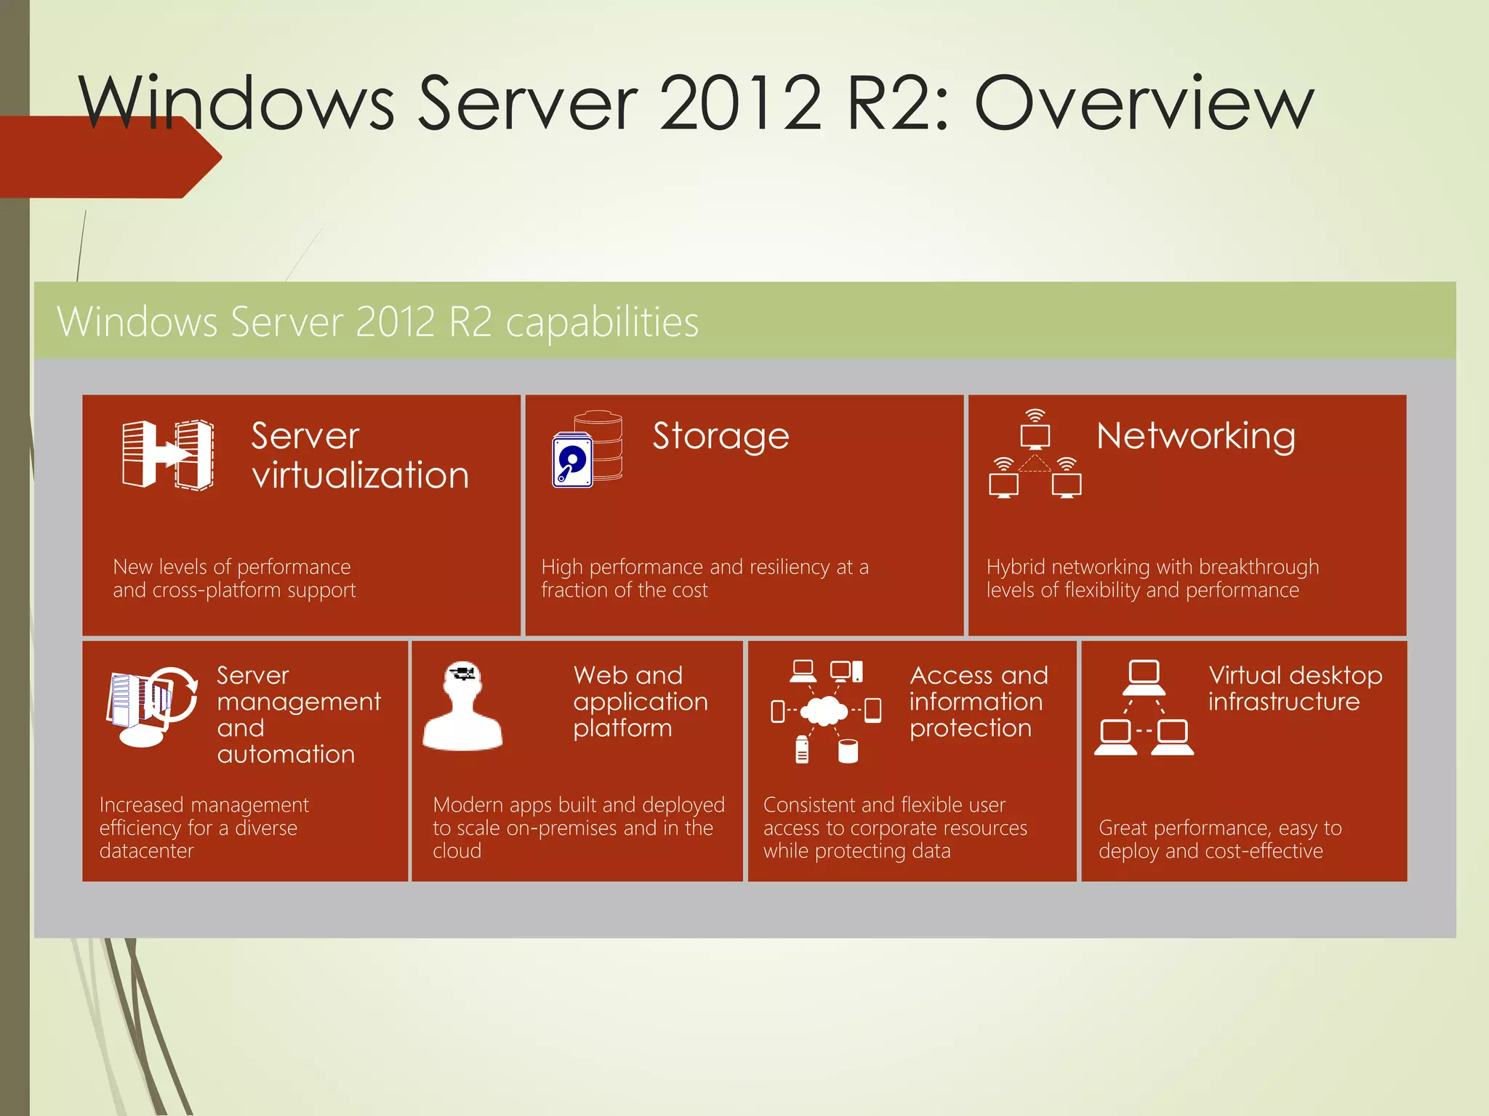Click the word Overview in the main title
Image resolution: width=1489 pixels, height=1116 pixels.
tap(1143, 103)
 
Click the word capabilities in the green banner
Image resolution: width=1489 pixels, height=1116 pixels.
tap(602, 323)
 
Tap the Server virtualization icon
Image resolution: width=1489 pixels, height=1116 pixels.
tap(168, 455)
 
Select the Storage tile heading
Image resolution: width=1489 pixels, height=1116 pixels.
tap(721, 436)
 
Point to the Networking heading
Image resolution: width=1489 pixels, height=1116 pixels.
tap(1195, 436)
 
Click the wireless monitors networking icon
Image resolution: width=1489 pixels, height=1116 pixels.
tap(1035, 455)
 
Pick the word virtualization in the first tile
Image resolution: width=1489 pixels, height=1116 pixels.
tap(360, 475)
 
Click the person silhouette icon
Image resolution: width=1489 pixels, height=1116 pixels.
tap(463, 706)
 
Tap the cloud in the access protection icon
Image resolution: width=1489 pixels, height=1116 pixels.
tap(823, 710)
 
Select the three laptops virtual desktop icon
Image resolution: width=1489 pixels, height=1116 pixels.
tap(1144, 708)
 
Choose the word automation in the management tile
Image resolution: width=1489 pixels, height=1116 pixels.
tap(286, 754)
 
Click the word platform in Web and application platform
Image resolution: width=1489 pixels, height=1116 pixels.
tap(622, 728)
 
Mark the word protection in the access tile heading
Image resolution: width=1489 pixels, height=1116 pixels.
tap(970, 728)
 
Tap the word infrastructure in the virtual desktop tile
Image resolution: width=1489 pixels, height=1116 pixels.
tap(1283, 702)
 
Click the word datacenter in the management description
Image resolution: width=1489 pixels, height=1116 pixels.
tap(146, 851)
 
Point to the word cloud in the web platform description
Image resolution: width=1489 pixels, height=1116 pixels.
tap(457, 851)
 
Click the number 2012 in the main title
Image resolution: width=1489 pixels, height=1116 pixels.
tap(740, 103)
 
